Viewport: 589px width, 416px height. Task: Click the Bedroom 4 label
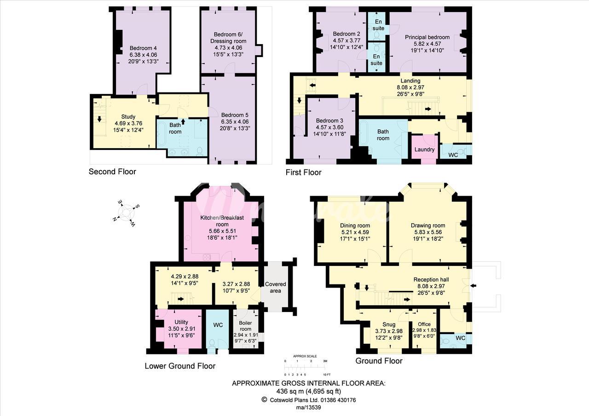point(143,48)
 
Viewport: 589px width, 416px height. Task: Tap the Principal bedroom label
point(427,37)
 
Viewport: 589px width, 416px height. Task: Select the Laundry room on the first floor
point(424,150)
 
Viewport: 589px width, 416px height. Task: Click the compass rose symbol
point(126,213)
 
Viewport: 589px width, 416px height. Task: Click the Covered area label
point(275,288)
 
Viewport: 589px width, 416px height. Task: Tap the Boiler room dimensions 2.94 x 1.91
point(246,335)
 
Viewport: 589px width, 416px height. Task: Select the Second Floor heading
point(112,172)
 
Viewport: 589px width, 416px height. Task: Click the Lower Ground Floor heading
point(180,366)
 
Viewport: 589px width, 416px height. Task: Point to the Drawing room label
point(428,225)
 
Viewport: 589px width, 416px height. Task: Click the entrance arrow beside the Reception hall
point(473,286)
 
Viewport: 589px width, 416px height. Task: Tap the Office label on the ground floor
point(424,324)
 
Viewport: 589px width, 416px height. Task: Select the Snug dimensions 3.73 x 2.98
point(389,331)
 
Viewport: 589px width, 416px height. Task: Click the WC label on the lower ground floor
point(218,325)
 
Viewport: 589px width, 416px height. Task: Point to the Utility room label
point(181,322)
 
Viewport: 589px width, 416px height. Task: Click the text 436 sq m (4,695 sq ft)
point(309,391)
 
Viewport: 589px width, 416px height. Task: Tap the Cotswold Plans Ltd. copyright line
point(309,400)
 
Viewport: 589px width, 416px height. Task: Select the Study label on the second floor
point(128,116)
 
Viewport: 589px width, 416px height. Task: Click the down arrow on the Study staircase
point(99,119)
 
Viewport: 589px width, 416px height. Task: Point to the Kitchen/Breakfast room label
point(222,221)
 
